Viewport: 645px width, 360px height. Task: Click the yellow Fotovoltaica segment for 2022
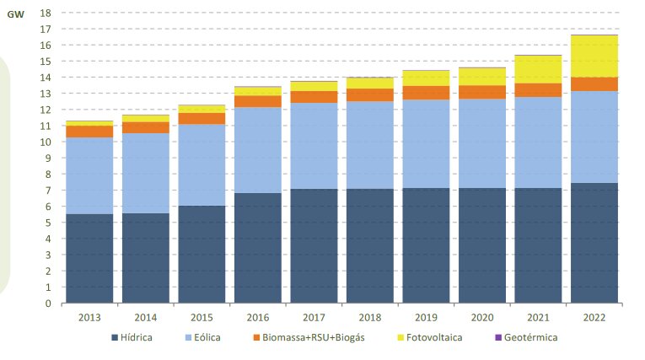click(x=593, y=56)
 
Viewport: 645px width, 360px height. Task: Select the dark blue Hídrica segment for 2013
click(x=89, y=258)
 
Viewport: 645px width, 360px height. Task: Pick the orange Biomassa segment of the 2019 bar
click(x=425, y=93)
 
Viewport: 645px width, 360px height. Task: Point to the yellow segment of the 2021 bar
click(x=537, y=69)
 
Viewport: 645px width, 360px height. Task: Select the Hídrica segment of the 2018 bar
click(x=369, y=245)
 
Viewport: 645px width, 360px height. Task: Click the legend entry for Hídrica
click(x=134, y=337)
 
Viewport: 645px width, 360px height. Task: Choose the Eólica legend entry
click(x=203, y=337)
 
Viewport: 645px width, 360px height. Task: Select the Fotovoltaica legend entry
click(x=433, y=337)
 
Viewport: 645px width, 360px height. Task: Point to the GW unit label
click(x=15, y=14)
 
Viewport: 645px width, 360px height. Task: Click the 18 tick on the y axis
click(x=46, y=13)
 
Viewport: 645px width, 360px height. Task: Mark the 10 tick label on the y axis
click(x=46, y=142)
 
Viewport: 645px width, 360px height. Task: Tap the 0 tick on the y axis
click(x=48, y=304)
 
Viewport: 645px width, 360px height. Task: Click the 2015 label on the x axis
click(x=202, y=317)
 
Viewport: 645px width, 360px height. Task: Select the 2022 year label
click(x=593, y=317)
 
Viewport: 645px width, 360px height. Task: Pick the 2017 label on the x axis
click(x=313, y=317)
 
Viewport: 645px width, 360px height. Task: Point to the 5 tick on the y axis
click(x=48, y=223)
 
